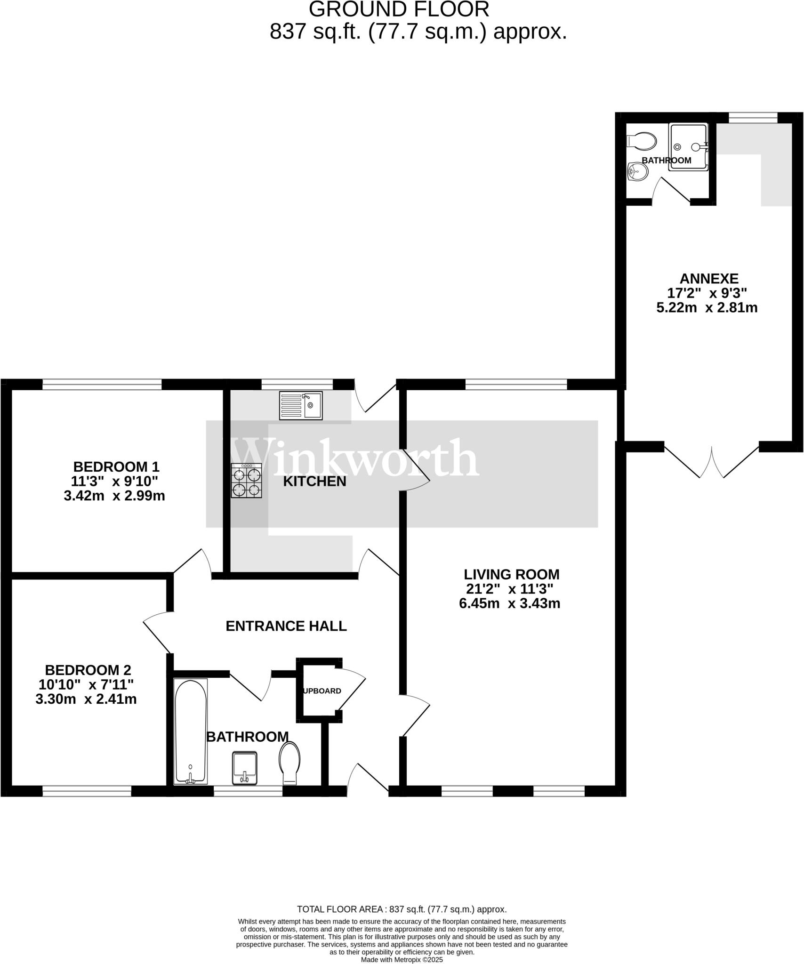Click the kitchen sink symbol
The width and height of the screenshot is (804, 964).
tap(301, 405)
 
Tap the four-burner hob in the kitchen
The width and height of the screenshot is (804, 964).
tap(246, 481)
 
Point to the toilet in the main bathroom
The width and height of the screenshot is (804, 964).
tap(289, 762)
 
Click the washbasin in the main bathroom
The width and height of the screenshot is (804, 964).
tap(245, 768)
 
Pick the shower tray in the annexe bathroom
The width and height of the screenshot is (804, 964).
tap(688, 146)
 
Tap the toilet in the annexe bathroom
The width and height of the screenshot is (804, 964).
tap(642, 140)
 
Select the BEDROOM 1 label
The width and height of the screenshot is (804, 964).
tap(116, 467)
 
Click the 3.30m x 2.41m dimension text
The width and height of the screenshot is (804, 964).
tap(86, 699)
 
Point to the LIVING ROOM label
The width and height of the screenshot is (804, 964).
tap(512, 574)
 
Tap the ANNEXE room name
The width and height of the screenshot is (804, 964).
tap(709, 279)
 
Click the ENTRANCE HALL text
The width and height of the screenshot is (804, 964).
tap(286, 626)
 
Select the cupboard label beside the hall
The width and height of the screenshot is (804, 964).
tap(322, 691)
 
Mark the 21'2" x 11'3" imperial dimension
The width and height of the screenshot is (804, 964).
tap(510, 589)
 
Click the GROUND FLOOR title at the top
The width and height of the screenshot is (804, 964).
tap(399, 9)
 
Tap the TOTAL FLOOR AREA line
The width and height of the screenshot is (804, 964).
tap(402, 909)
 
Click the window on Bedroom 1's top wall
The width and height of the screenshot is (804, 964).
tap(102, 385)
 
